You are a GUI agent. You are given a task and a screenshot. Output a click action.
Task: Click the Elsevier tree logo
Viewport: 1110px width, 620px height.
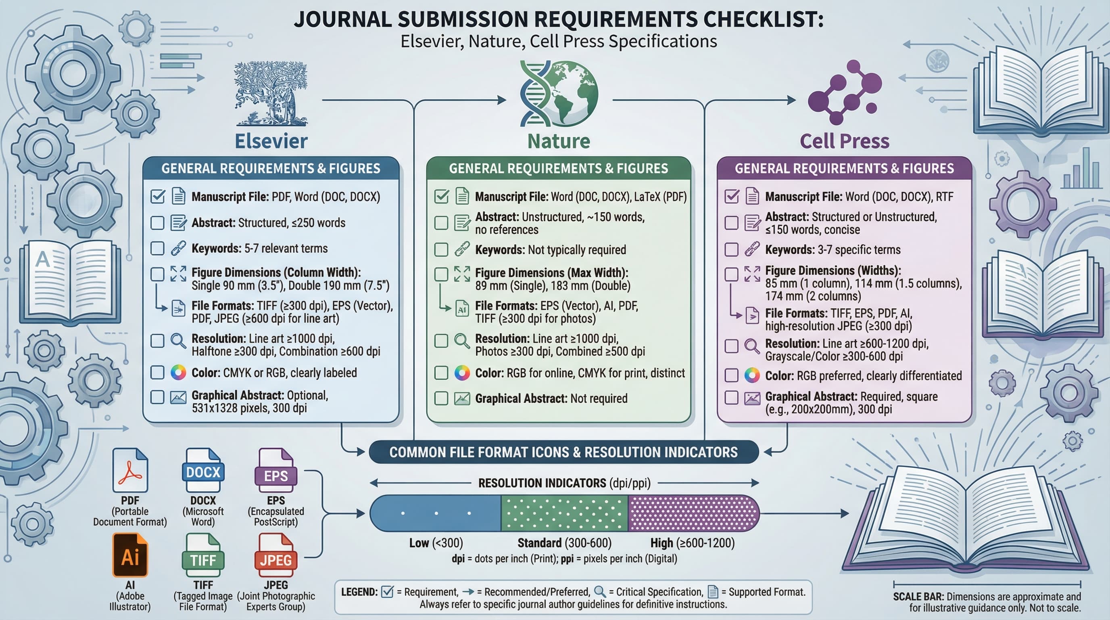pos(271,94)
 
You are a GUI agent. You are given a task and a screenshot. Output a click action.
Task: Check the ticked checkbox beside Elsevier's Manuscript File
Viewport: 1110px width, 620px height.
pos(158,197)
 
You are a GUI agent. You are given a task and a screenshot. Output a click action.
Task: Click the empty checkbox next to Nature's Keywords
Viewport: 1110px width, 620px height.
pos(441,249)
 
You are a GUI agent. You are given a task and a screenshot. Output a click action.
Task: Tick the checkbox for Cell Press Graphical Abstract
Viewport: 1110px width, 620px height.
pos(731,398)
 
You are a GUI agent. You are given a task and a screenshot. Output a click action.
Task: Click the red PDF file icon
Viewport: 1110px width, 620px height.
pos(130,470)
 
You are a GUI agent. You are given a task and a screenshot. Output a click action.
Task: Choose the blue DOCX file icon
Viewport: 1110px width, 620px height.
pos(203,470)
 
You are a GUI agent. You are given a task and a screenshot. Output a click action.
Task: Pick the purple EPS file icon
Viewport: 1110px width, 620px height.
pos(276,470)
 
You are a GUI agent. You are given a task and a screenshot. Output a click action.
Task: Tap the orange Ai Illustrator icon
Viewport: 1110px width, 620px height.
pos(130,555)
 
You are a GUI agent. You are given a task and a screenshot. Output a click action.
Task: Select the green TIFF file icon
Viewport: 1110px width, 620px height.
pos(203,555)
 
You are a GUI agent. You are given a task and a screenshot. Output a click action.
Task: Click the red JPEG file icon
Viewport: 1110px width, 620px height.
pos(276,555)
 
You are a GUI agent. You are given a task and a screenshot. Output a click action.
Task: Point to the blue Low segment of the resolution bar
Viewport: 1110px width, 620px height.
pos(435,513)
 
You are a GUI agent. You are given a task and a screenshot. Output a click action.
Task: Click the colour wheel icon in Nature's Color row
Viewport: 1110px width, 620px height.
pos(462,373)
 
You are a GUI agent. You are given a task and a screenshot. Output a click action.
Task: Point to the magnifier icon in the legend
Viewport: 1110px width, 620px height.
pos(599,592)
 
